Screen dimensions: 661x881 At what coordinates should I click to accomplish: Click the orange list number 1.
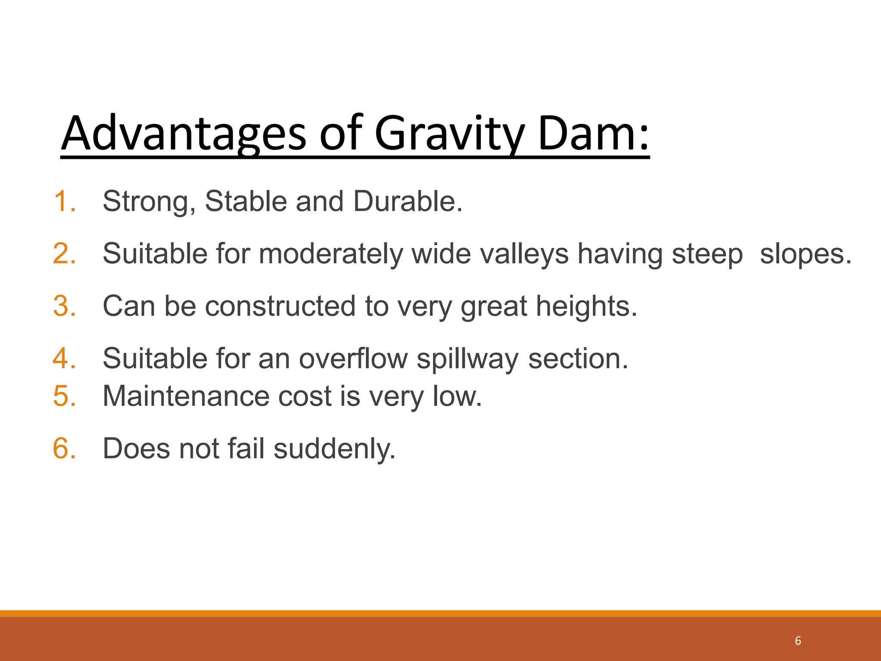coord(65,201)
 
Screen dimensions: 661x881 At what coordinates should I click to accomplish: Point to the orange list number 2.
coord(65,253)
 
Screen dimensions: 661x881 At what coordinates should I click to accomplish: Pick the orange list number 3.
coord(65,306)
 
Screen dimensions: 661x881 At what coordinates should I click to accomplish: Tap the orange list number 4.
coord(65,358)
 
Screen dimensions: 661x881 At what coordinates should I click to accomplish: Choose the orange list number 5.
coord(65,396)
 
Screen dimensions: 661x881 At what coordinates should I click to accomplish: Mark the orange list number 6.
coord(65,448)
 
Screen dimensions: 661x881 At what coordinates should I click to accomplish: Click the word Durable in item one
coord(407,201)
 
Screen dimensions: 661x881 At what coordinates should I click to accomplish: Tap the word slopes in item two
coord(805,254)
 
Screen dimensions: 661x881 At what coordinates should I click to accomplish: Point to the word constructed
coord(280,306)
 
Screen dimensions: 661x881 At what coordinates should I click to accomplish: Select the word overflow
coord(353,358)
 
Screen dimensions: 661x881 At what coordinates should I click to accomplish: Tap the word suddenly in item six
coord(334,448)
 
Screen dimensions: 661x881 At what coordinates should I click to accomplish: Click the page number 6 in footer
coord(798,641)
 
